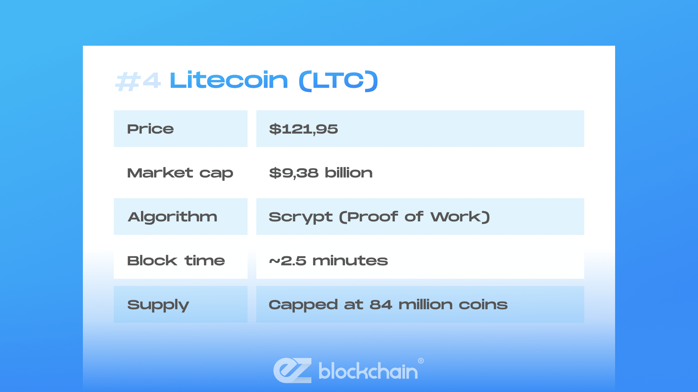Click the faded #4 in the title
coord(138,81)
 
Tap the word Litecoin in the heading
coord(229,80)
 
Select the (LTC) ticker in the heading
coord(338,81)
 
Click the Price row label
coord(151,129)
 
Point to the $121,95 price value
coord(304,129)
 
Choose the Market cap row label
coord(180,173)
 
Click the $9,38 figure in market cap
coord(294,173)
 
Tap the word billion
coord(349,173)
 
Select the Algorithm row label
coord(173,217)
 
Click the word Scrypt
coord(301,217)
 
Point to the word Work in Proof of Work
coord(456,217)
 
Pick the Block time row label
coord(176,261)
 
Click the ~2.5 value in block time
coord(288,261)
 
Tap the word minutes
coord(350,261)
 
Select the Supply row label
coord(158,305)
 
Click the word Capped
coord(303,305)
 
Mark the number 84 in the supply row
coord(381,305)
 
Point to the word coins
coord(483,305)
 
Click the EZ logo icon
coord(293,370)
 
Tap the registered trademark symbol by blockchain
coord(421,361)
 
